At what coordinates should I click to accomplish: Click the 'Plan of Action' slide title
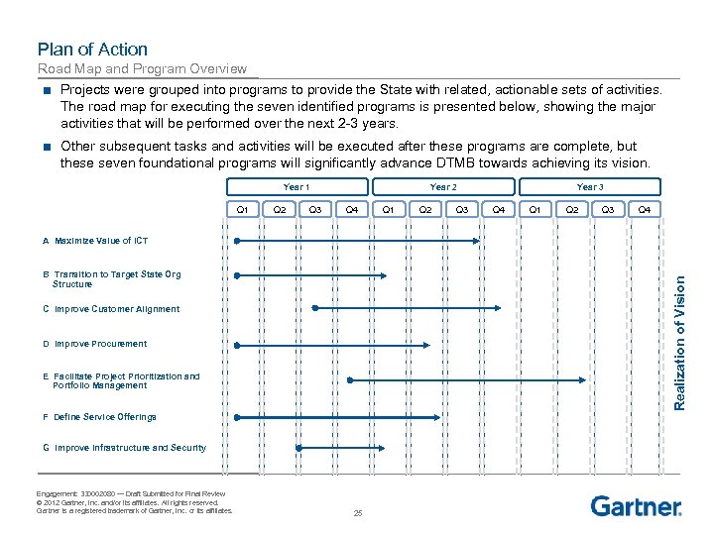[92, 49]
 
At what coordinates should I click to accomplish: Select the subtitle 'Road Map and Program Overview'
[142, 68]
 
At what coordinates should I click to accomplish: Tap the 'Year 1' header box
[296, 186]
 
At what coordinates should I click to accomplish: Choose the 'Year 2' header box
[443, 186]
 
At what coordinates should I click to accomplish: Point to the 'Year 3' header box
[590, 186]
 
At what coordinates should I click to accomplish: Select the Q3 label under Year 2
[462, 209]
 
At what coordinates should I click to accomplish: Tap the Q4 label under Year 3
[645, 209]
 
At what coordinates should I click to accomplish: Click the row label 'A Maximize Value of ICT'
[95, 241]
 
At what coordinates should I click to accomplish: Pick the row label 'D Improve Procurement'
[94, 344]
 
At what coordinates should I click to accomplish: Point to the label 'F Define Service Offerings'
[99, 417]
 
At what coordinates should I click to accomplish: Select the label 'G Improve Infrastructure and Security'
[124, 448]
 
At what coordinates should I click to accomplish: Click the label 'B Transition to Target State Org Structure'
[111, 278]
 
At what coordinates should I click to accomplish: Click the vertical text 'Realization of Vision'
[679, 339]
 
